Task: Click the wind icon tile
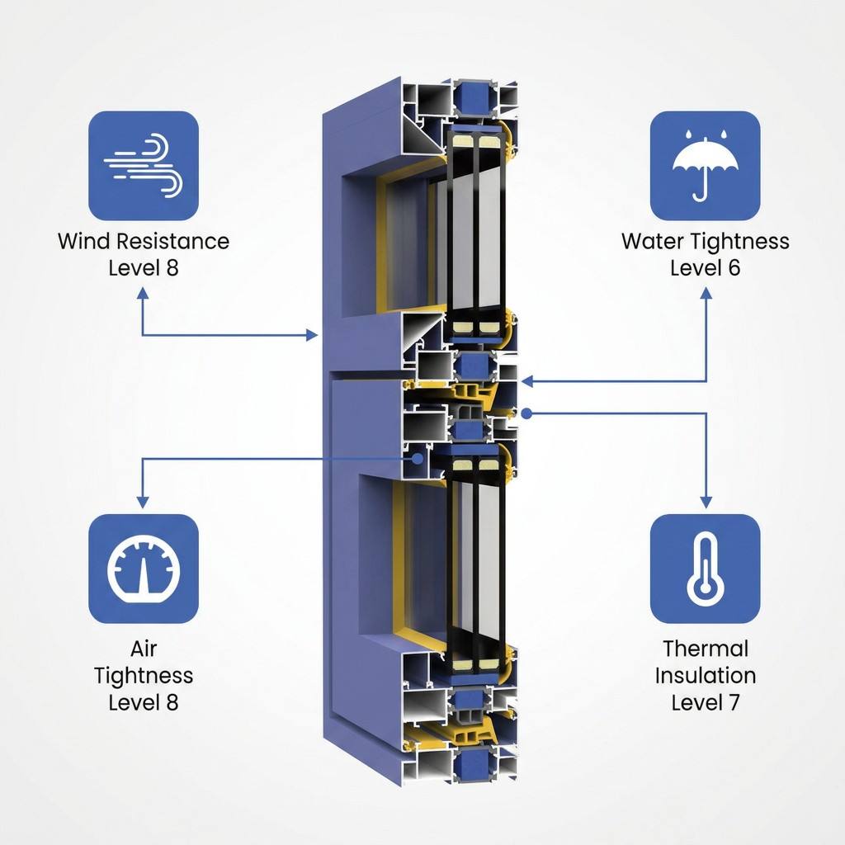144,165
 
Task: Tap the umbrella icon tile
705,165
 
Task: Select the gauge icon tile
144,569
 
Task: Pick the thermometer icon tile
705,569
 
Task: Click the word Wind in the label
83,241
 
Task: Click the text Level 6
705,268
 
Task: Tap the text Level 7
705,702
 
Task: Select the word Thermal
706,649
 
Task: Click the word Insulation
706,675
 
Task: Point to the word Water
652,241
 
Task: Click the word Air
144,649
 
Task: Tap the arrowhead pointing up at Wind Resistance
143,293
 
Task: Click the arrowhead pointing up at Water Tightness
706,293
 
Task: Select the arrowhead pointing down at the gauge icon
143,502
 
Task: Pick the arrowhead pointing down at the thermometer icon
706,502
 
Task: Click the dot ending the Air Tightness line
417,459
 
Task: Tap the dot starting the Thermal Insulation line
527,413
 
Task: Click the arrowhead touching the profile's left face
311,335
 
